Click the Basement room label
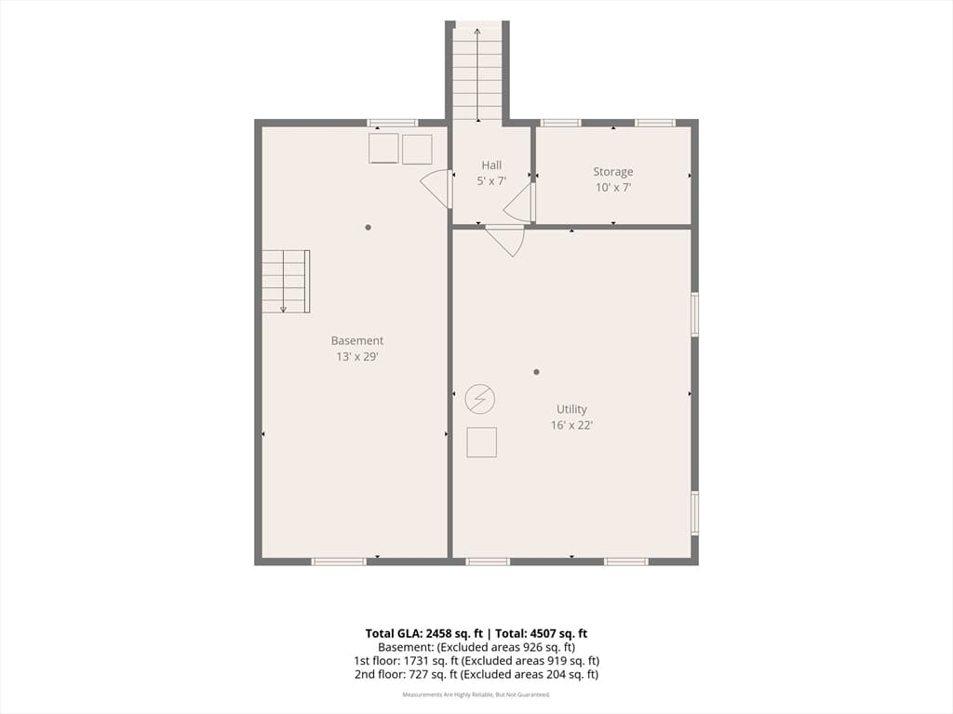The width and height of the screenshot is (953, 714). [357, 340]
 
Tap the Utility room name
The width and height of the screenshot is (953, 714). [572, 410]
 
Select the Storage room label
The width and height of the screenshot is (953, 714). [613, 172]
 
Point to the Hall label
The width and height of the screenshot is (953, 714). [491, 165]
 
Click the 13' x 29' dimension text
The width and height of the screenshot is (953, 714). [357, 356]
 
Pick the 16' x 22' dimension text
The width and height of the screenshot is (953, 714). [572, 426]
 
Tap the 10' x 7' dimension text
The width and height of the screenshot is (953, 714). [613, 188]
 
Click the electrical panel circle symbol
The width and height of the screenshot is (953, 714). [480, 400]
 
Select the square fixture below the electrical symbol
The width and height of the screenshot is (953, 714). [482, 442]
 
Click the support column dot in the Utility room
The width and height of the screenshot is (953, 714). [536, 372]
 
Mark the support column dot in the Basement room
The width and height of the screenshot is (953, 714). [368, 228]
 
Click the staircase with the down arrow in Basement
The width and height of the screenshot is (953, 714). [286, 282]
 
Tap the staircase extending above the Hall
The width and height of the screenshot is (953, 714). [477, 72]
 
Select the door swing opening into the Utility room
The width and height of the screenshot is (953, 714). [505, 241]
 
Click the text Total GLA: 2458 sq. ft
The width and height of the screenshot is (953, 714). [424, 634]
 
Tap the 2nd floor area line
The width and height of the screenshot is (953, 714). [476, 674]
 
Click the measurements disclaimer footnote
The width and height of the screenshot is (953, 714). [476, 694]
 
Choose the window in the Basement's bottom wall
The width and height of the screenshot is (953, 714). [339, 562]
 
